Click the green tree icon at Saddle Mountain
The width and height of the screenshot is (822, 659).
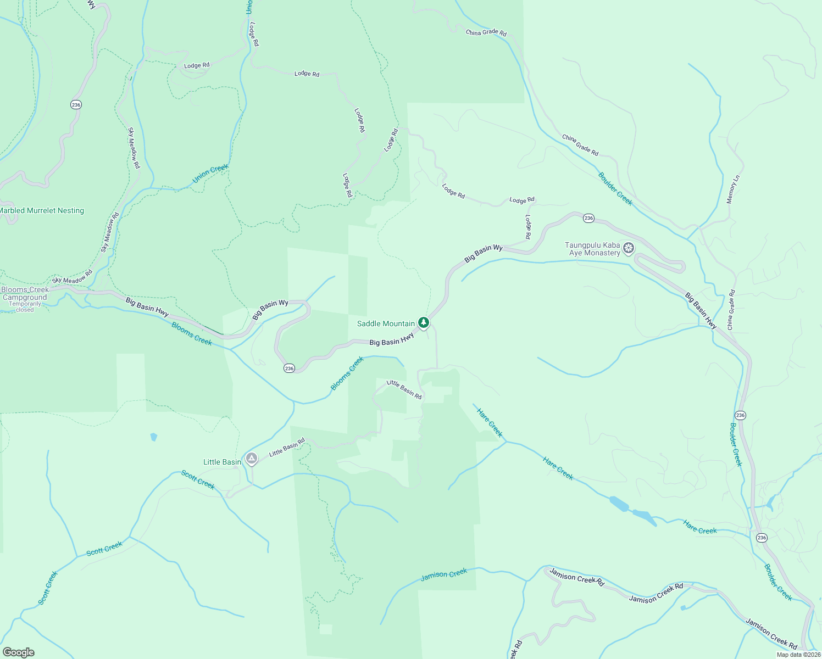pyautogui.click(x=423, y=322)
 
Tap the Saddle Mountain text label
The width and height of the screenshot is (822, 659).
pyautogui.click(x=386, y=323)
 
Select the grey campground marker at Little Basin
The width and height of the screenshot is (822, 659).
pyautogui.click(x=252, y=458)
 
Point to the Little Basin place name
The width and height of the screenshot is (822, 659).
pyautogui.click(x=222, y=462)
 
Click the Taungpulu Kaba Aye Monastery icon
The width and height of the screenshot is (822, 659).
pyautogui.click(x=629, y=248)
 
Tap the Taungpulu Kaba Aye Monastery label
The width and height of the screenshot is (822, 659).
pyautogui.click(x=592, y=249)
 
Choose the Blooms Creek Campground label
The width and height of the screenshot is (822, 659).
pyautogui.click(x=25, y=293)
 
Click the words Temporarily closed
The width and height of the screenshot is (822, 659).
pyautogui.click(x=25, y=307)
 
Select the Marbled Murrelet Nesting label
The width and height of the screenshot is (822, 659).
pyautogui.click(x=41, y=210)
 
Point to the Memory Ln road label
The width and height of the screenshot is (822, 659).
pyautogui.click(x=733, y=189)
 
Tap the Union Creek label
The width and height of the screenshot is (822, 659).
pyautogui.click(x=210, y=174)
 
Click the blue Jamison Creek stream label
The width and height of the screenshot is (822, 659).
pyautogui.click(x=443, y=574)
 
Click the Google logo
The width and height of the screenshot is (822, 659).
pyautogui.click(x=18, y=652)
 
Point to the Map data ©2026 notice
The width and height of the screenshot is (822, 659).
pyautogui.click(x=798, y=655)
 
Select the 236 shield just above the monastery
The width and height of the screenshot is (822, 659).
pyautogui.click(x=588, y=218)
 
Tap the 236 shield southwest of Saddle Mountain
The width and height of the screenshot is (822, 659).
pyautogui.click(x=289, y=368)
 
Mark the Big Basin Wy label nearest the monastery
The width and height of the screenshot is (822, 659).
pyautogui.click(x=484, y=253)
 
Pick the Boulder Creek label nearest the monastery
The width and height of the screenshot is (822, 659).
pyautogui.click(x=615, y=188)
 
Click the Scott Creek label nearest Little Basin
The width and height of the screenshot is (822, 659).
pyautogui.click(x=198, y=479)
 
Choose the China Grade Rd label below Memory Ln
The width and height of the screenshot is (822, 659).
pyautogui.click(x=731, y=310)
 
